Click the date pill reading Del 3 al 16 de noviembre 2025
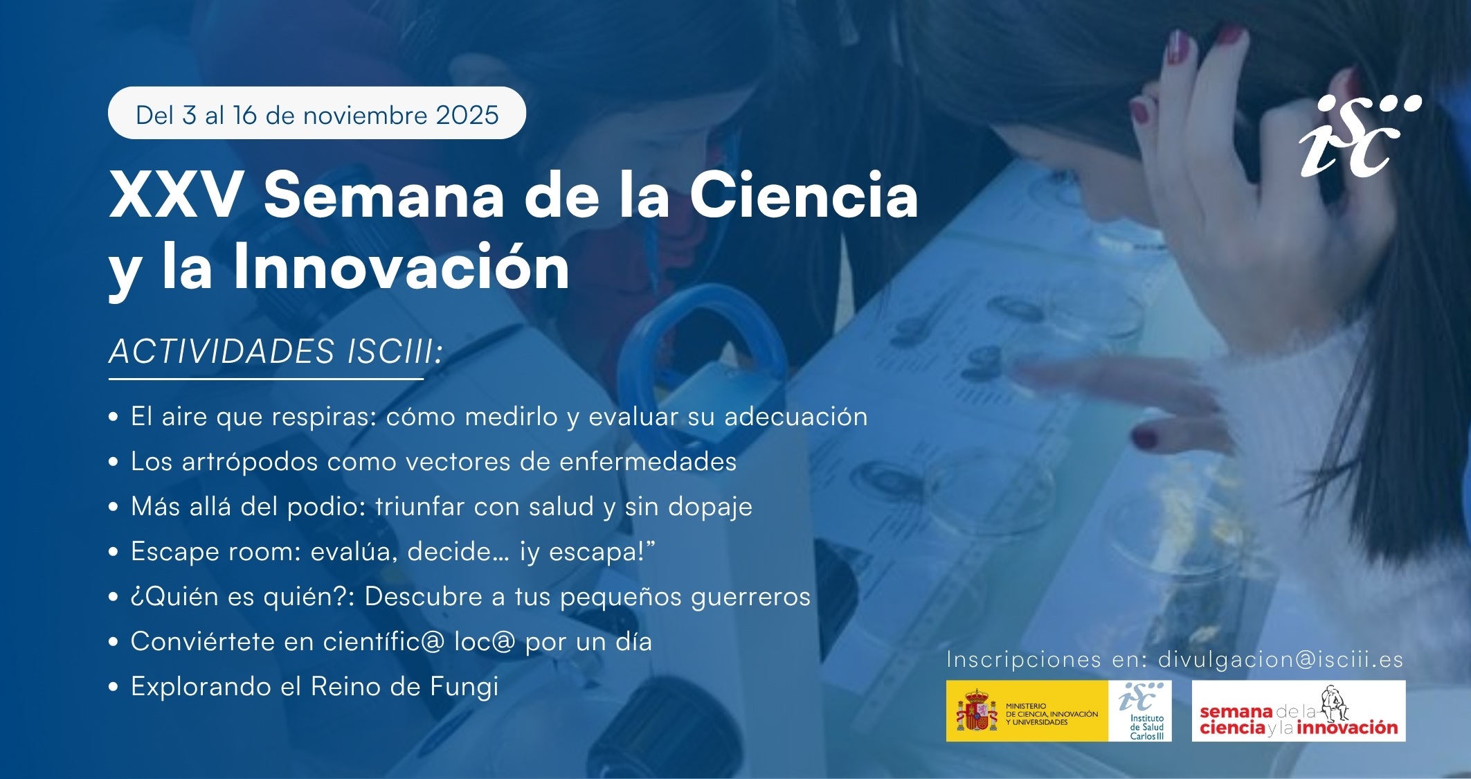pos(317,113)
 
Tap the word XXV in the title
pos(177,196)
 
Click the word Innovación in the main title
pos(401,267)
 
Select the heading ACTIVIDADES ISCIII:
pos(276,351)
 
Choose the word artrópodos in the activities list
pos(250,462)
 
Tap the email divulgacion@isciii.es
pos(1281,659)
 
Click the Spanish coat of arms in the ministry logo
pos(977,710)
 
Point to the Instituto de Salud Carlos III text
pos(1147,727)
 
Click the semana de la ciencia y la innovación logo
pos(1299,711)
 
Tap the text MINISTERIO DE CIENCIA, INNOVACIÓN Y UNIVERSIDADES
pos(1052,714)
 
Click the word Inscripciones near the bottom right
pos(1024,660)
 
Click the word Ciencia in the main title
pos(804,196)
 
